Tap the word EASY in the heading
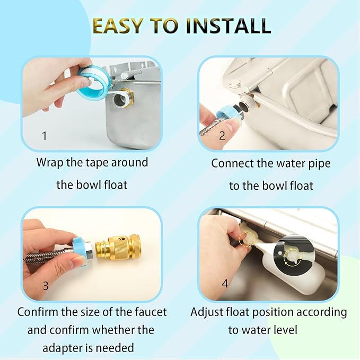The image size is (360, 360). (x=118, y=25)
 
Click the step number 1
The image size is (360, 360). (x=45, y=136)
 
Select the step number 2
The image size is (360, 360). (x=222, y=135)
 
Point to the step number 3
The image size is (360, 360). (x=46, y=286)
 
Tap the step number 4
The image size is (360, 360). (x=225, y=283)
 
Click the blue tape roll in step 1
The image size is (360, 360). (x=94, y=81)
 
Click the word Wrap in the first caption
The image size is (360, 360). (x=50, y=163)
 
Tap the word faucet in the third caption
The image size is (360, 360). (x=151, y=312)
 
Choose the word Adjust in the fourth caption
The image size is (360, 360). (x=207, y=312)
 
